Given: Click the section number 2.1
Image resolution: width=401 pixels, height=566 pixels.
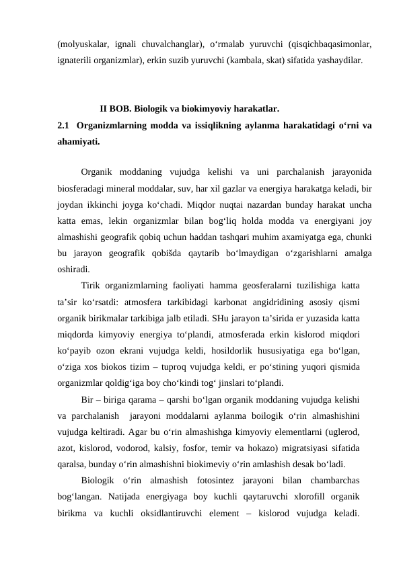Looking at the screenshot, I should point(64,125).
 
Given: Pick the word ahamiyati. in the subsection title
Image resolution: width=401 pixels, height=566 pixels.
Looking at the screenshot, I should point(79,142).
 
